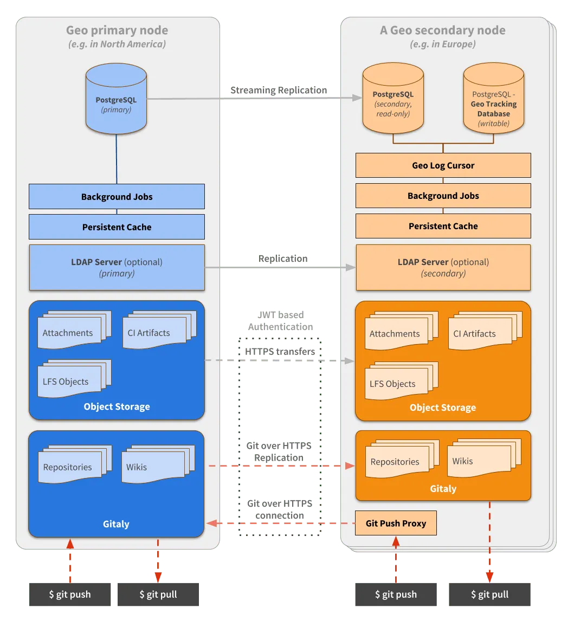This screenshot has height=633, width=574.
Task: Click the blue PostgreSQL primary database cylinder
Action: (116, 99)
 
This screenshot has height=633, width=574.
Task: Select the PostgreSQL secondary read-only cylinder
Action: (393, 98)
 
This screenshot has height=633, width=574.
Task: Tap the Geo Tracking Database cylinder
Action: (494, 98)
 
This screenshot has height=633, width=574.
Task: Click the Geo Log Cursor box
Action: (443, 165)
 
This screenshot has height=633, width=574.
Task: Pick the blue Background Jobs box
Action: (117, 197)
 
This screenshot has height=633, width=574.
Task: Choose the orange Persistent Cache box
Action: (443, 226)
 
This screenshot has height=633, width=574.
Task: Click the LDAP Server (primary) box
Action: (117, 267)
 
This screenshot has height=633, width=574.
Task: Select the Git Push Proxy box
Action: (396, 523)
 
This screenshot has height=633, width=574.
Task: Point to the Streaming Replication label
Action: (279, 90)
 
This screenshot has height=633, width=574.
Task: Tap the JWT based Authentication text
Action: (280, 320)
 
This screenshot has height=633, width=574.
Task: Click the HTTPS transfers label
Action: (280, 352)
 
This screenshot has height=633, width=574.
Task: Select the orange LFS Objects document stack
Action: (401, 381)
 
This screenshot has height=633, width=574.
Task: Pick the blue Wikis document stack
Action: (158, 464)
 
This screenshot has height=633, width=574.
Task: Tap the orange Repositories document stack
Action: (402, 460)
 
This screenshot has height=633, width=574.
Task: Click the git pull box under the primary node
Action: (158, 594)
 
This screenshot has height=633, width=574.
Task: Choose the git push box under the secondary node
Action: (396, 594)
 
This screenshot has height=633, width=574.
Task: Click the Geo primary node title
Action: (117, 30)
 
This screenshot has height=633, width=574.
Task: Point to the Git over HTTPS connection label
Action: (280, 509)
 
